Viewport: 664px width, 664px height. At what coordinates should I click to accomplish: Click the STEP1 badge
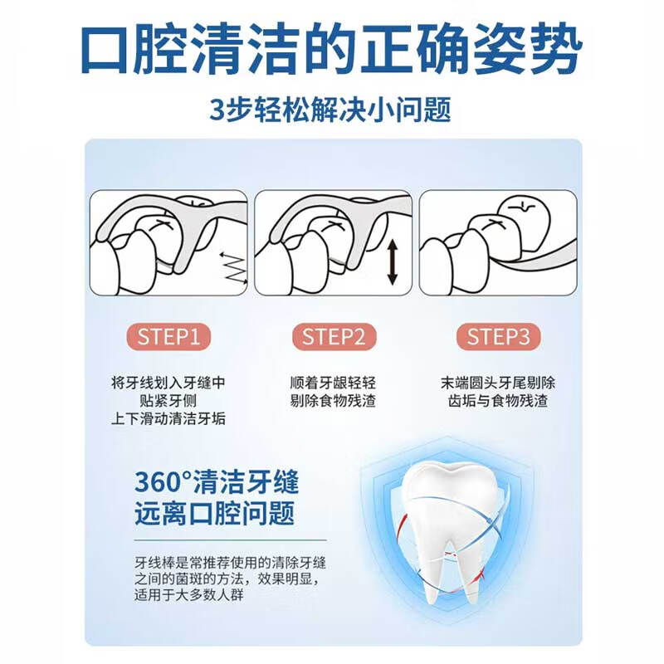click(169, 337)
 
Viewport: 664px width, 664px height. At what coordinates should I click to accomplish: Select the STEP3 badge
click(498, 337)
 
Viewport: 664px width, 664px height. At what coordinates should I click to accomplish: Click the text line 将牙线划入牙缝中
click(168, 384)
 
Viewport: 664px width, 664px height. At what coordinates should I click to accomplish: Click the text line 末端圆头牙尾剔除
click(498, 384)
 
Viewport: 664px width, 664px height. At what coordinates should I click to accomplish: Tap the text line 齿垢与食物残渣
click(498, 403)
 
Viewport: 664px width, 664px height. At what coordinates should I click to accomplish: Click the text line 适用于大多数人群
click(190, 595)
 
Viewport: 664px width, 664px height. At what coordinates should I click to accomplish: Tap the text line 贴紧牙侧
click(168, 403)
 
